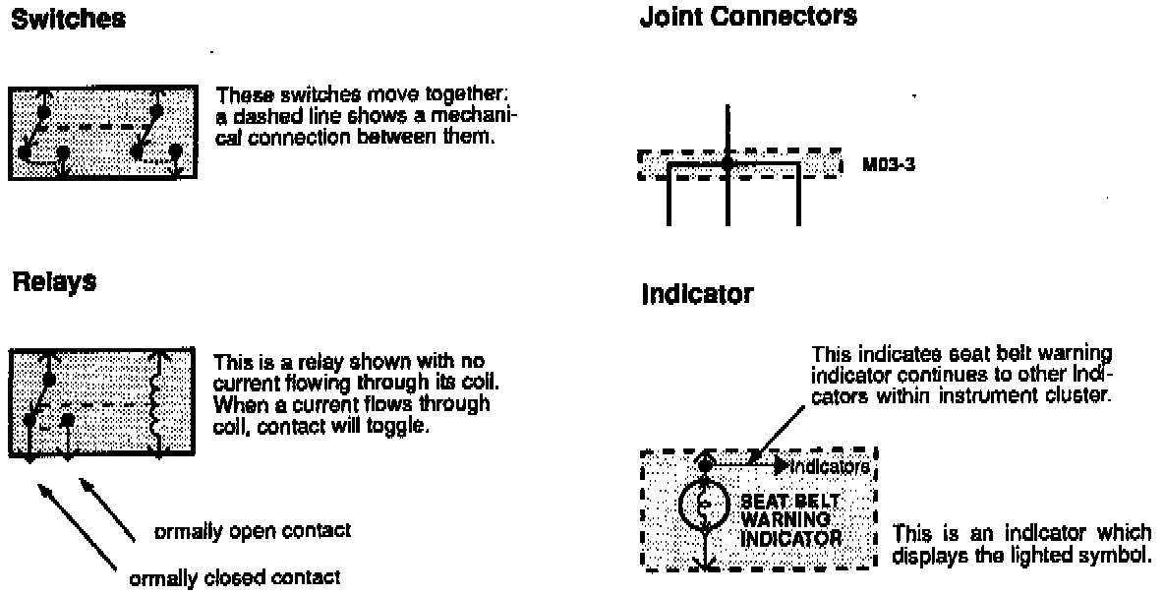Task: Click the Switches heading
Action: [x=68, y=21]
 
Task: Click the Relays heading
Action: [x=54, y=283]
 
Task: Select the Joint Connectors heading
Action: [x=748, y=17]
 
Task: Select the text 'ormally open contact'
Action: [x=253, y=531]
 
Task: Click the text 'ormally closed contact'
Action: [x=235, y=577]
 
